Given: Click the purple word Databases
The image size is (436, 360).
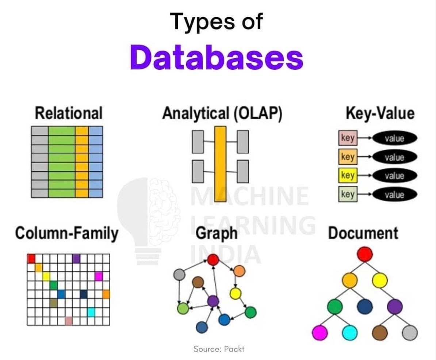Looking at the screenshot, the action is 217,57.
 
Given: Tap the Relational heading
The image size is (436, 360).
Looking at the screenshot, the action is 69,113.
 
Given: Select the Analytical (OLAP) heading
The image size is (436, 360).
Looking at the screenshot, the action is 222,113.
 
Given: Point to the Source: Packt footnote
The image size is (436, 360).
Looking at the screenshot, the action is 219,349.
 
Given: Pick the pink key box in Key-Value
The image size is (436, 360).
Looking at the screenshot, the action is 347,138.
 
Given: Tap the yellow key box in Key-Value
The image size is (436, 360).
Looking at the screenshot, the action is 347,176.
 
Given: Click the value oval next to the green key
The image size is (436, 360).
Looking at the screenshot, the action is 394,195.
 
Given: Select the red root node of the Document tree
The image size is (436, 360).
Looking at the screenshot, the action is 364,254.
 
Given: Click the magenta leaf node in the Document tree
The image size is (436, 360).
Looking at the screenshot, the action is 320,333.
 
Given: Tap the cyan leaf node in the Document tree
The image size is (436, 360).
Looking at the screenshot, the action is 350,333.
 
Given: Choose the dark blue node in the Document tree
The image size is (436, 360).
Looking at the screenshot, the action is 364,306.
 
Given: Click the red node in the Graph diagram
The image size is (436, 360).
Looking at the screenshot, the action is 213,260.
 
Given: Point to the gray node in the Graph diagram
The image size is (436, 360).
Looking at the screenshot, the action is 179,274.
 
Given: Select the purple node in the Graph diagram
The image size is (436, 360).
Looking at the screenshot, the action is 213,301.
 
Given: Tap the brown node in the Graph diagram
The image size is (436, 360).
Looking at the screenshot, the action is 198,282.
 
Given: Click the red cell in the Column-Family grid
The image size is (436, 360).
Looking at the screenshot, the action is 31,258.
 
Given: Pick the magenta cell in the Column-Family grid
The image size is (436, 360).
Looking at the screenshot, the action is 98,276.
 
